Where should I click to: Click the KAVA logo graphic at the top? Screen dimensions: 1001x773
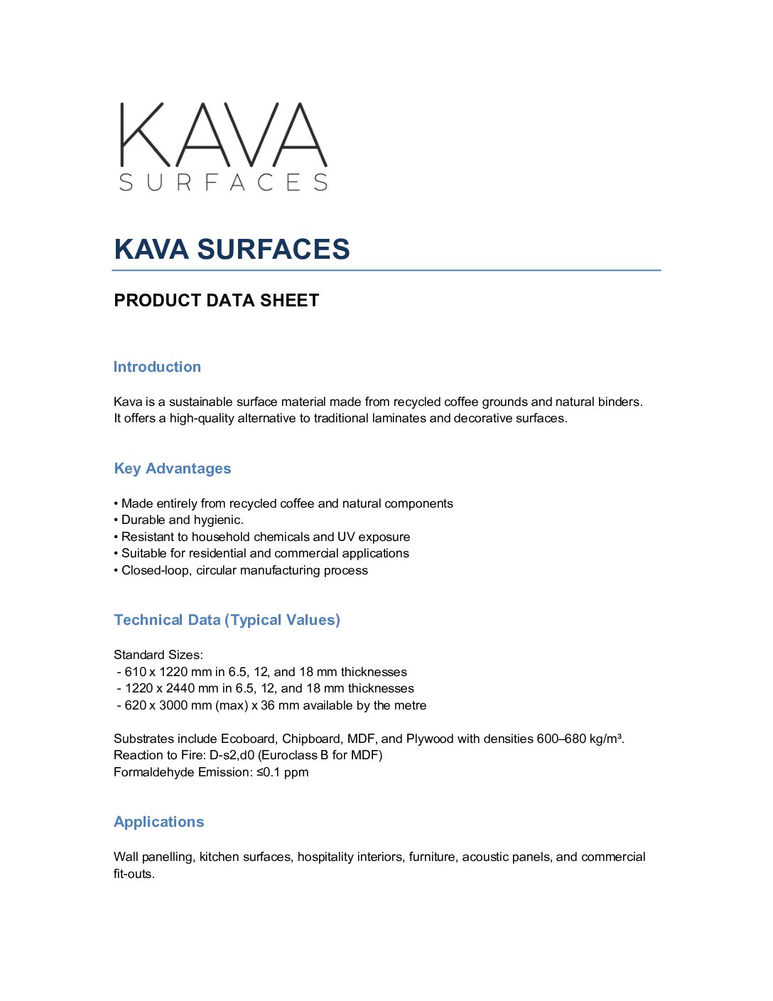click(x=223, y=146)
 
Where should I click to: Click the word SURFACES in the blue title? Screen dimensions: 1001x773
click(x=274, y=250)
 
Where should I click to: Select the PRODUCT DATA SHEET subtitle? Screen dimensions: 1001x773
click(x=216, y=301)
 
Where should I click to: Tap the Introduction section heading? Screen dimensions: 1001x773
click(x=157, y=367)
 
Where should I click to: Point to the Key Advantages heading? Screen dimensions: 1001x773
click(x=173, y=469)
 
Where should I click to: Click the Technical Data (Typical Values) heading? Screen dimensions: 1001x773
click(x=227, y=620)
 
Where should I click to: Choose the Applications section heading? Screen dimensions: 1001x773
click(x=158, y=822)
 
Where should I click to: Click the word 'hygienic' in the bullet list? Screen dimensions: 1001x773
click(x=217, y=520)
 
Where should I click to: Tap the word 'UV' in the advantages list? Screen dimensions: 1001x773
click(x=346, y=537)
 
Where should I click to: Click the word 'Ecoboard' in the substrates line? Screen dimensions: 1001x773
click(x=248, y=739)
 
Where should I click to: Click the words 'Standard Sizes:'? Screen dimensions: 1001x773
click(x=158, y=655)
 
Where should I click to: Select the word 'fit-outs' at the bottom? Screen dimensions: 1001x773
click(x=133, y=874)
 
